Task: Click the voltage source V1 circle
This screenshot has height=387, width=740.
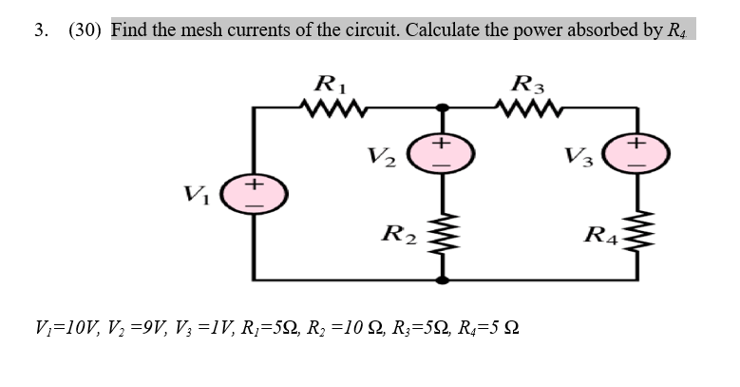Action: [x=255, y=188]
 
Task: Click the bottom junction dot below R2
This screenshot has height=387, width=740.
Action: [x=440, y=281]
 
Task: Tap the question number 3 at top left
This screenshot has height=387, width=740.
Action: [x=40, y=29]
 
